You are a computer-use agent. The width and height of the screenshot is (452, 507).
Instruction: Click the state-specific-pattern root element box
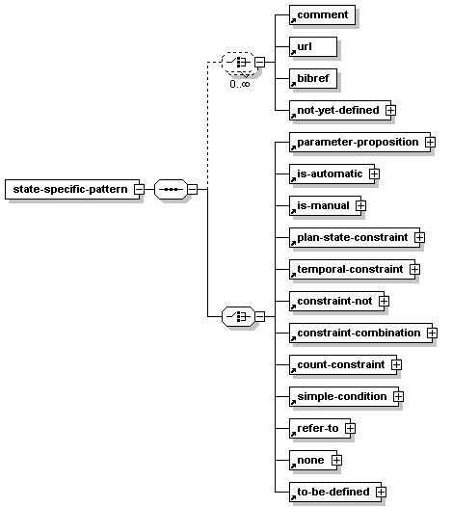click(72, 190)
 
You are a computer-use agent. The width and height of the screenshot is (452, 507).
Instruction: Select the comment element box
click(322, 14)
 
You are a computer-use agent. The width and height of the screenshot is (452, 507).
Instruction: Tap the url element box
click(313, 46)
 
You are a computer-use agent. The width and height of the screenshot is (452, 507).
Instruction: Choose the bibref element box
click(313, 78)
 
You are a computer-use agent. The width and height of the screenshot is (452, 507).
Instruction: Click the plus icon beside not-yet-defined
click(390, 110)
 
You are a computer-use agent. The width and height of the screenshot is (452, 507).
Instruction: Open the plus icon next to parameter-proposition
click(430, 142)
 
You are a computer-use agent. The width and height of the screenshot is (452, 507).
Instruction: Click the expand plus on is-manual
click(360, 205)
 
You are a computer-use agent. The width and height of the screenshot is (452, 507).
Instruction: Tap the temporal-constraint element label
click(350, 269)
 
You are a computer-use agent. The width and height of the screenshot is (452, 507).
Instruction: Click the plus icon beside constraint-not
click(384, 301)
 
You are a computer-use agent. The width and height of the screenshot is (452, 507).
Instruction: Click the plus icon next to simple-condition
click(398, 396)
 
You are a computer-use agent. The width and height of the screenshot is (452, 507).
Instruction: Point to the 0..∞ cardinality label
click(240, 85)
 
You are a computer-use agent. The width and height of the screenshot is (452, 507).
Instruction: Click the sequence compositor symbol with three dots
click(171, 190)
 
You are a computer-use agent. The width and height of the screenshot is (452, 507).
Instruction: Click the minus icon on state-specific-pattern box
click(140, 190)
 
